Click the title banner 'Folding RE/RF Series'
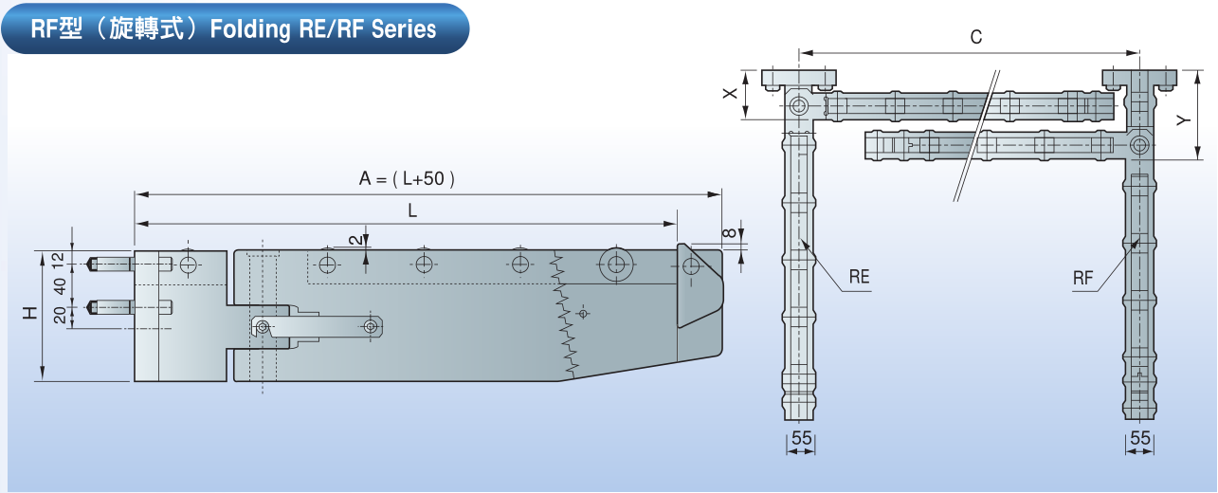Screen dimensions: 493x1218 (234, 28)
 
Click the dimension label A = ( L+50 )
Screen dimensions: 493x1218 (407, 178)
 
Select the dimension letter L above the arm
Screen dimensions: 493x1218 (412, 211)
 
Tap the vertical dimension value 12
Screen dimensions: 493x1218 (59, 257)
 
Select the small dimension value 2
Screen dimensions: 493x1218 (354, 241)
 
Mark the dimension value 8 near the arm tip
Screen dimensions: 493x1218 (727, 232)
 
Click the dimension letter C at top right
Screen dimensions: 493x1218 (976, 38)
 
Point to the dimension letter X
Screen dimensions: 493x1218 (729, 94)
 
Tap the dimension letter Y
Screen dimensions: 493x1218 (1182, 120)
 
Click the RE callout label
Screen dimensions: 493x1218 (859, 278)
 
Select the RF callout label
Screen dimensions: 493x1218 (1084, 278)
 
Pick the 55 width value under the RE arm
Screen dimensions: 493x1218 (801, 438)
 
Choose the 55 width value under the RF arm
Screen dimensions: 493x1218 (1140, 438)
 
